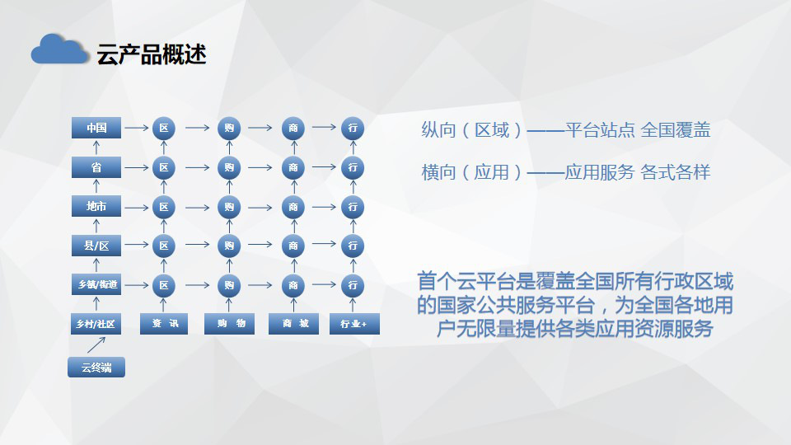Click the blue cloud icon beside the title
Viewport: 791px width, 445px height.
coord(59,49)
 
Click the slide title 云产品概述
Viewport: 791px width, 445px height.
coord(152,54)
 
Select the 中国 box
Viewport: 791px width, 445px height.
coord(96,128)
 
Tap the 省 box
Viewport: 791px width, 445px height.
coord(96,167)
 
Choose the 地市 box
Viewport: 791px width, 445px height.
coord(96,206)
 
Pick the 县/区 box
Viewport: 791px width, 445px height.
coord(96,246)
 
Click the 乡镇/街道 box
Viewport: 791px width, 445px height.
coord(96,284)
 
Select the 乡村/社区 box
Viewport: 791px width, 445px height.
coord(96,324)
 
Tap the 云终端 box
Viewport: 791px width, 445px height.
coord(96,368)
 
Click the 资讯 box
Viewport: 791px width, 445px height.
coord(164,323)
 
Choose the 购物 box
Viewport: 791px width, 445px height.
coord(230,323)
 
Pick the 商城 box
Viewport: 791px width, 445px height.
coord(293,323)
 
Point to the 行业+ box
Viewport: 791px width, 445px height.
coord(354,323)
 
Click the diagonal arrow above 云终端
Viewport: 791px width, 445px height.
coord(96,345)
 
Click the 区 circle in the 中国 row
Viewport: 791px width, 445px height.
coord(164,129)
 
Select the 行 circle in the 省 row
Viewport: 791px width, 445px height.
coord(353,167)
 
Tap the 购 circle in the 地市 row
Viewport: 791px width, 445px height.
coord(229,207)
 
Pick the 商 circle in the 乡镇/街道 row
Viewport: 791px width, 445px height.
coord(293,286)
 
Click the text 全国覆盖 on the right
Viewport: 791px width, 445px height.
coord(676,130)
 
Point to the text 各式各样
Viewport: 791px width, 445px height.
coord(676,172)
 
